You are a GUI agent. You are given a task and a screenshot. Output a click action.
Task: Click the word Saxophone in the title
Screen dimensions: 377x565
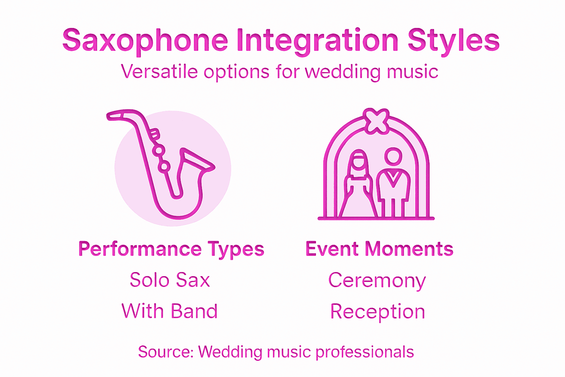145,40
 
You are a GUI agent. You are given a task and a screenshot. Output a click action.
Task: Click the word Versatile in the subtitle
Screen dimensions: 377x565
159,71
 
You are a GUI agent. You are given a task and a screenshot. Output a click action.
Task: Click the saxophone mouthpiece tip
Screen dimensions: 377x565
110,116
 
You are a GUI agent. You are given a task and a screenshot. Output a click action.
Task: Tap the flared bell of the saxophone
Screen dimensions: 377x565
197,160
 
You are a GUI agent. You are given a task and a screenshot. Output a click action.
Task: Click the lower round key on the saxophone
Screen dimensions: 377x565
164,166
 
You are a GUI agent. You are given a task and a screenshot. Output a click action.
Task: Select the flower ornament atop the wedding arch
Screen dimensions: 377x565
376,121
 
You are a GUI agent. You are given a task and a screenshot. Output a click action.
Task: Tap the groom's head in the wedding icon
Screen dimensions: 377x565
393,156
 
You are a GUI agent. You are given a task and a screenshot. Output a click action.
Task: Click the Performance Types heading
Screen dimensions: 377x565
171,249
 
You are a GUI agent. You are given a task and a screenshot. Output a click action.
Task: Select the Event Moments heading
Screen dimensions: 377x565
379,249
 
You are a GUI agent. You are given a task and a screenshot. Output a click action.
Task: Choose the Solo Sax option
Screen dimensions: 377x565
170,280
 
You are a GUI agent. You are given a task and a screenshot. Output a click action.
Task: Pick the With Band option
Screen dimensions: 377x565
170,311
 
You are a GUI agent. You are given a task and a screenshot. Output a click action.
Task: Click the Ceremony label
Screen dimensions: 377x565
377,281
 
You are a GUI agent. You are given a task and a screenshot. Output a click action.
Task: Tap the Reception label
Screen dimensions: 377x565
377,312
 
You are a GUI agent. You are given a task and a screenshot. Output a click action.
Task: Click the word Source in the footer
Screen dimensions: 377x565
165,352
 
